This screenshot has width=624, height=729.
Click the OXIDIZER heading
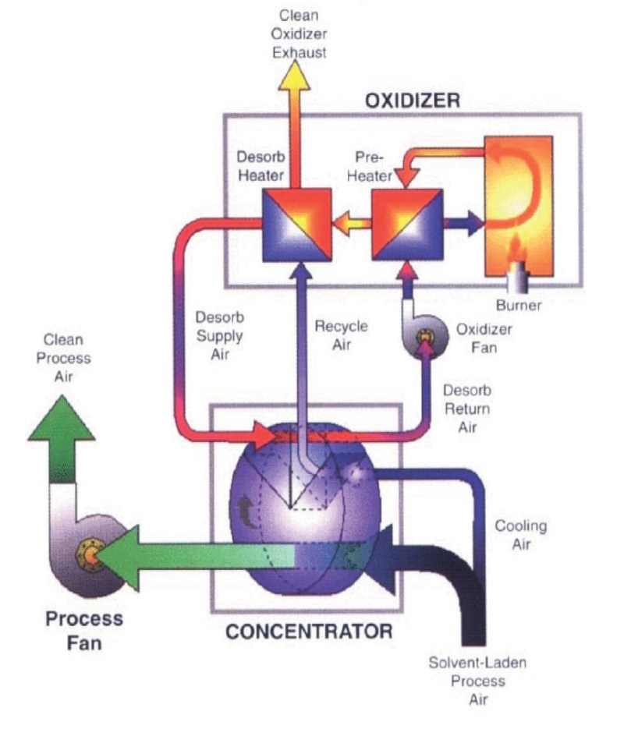point(413,101)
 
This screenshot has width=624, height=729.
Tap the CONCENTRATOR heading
point(310,630)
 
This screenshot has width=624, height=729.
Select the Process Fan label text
point(83,630)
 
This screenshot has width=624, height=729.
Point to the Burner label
point(518,305)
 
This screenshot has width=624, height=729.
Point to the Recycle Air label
point(341,335)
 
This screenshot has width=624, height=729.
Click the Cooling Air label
point(520,535)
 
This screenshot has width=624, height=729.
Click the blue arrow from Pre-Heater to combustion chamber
point(466,221)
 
